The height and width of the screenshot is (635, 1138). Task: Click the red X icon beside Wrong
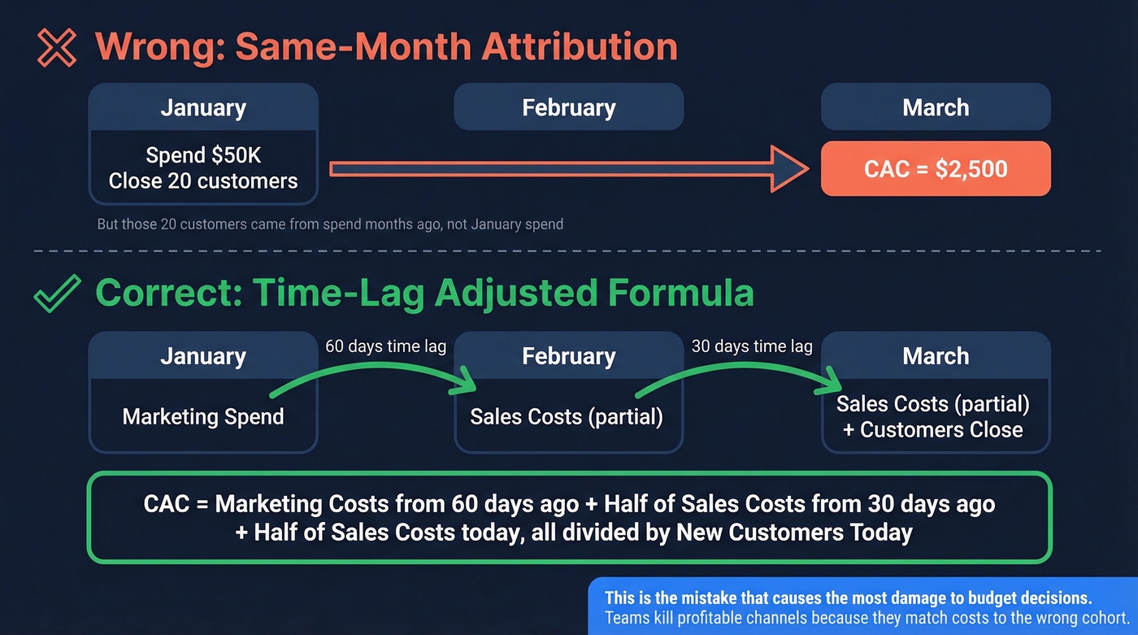point(57,47)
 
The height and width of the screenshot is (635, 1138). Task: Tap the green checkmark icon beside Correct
point(57,294)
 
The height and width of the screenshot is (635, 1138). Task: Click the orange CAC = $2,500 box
point(936,169)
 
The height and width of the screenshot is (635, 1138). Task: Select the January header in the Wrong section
point(203,108)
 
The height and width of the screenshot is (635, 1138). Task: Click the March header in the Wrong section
point(936,108)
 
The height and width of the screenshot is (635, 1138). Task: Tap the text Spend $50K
point(203,154)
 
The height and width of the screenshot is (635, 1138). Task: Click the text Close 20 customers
point(203,180)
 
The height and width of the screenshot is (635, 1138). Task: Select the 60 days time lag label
point(385,346)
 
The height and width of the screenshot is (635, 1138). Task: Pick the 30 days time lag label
point(752,346)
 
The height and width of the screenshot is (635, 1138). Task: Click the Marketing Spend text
point(203,417)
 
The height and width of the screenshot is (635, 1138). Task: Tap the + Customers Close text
point(933,430)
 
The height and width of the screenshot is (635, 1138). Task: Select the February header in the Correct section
point(568,356)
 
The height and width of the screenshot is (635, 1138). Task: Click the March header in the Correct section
point(936,356)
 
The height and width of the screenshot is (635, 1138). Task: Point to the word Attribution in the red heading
point(580,47)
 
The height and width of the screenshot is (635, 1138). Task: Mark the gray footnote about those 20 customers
point(330,224)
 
